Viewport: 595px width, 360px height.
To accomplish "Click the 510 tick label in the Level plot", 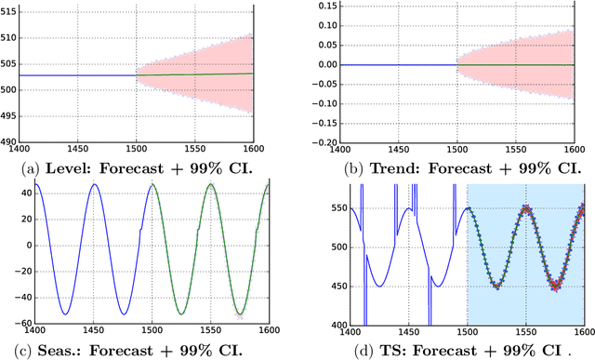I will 20,37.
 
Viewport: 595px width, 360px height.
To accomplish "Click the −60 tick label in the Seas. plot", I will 18,325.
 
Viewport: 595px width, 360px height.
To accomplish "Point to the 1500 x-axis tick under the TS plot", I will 467,332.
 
